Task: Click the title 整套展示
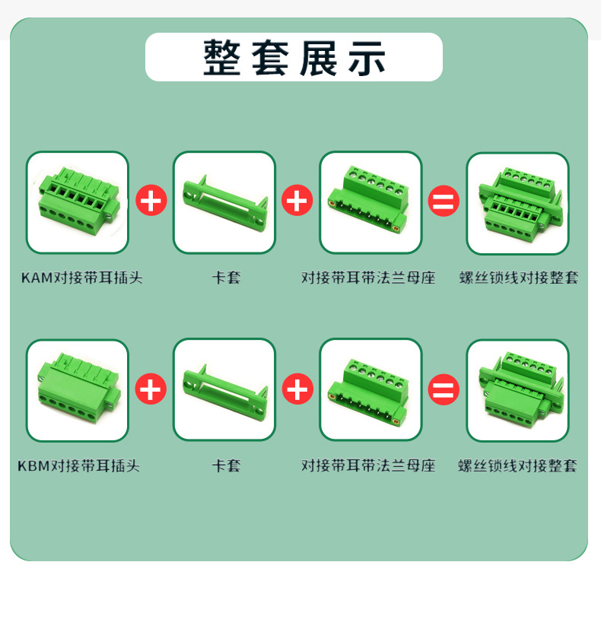click(294, 58)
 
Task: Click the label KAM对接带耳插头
click(82, 278)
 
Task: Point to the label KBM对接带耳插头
click(78, 465)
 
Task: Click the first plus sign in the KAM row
click(151, 201)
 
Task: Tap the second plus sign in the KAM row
click(297, 201)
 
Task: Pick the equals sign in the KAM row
click(444, 201)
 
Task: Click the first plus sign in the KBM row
click(151, 389)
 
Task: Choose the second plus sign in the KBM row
click(297, 389)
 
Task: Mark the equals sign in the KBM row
click(444, 389)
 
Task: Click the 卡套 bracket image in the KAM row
click(224, 202)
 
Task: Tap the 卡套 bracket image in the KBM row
click(224, 390)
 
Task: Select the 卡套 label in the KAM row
click(226, 278)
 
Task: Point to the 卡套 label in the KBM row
click(226, 465)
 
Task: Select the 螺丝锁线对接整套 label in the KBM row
click(517, 465)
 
